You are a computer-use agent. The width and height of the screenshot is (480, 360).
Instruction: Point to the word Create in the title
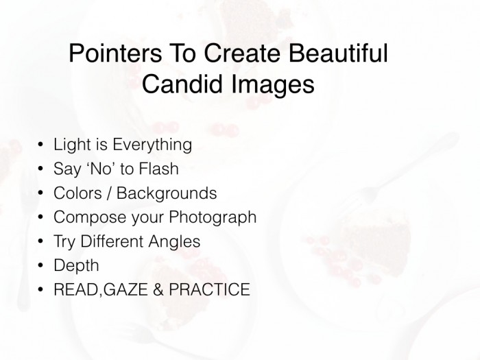(x=238, y=54)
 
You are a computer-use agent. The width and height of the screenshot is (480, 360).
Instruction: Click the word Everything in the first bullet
(x=152, y=145)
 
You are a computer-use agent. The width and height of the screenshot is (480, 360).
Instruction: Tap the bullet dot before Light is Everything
(x=40, y=146)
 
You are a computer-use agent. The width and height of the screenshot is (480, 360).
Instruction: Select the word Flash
(x=158, y=169)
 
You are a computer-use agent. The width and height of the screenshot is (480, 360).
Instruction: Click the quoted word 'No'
(x=100, y=169)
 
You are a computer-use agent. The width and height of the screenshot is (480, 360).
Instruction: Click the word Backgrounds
(x=167, y=193)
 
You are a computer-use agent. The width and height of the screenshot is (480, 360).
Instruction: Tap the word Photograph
(x=208, y=218)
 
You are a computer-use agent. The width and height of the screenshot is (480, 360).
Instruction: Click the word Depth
(x=76, y=266)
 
